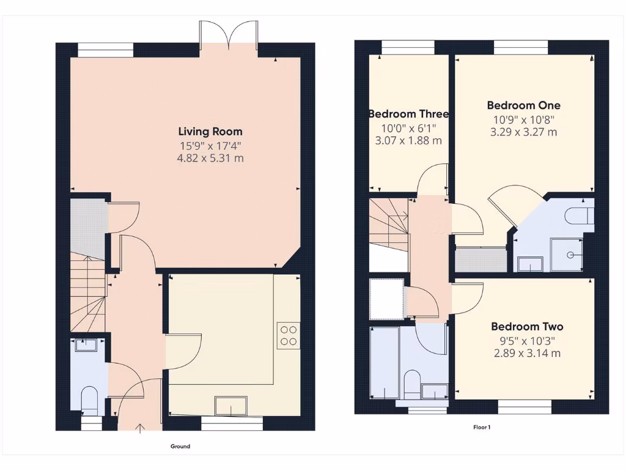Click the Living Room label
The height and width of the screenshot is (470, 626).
(210, 131)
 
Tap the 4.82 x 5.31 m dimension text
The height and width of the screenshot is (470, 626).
(210, 159)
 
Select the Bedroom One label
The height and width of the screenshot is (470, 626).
(523, 105)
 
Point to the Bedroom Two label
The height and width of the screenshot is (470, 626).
(527, 327)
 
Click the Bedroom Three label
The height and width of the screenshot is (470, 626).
(408, 114)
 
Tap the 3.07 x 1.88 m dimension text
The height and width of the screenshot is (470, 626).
(408, 141)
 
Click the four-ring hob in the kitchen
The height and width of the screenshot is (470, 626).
(288, 335)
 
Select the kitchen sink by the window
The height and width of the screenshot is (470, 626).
(231, 405)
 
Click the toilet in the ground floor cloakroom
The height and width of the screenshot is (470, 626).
(90, 399)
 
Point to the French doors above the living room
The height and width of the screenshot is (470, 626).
(229, 35)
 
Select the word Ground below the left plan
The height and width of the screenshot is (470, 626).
(180, 446)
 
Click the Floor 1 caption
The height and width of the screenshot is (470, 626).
(481, 427)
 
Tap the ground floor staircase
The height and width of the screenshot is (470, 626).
(87, 294)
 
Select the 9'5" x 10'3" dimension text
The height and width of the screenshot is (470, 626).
(527, 341)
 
